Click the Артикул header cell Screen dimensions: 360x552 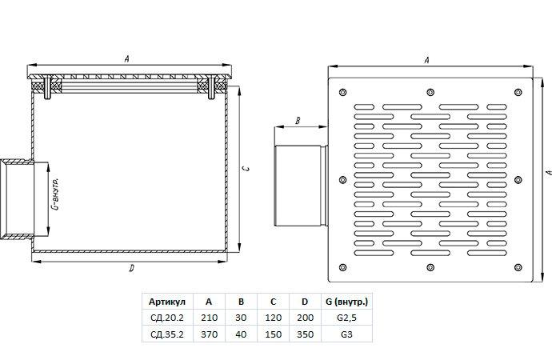point(166,302)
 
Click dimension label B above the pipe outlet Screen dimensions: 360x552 point(297,122)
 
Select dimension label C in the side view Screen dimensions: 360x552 point(248,169)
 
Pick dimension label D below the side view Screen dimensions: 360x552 point(130,270)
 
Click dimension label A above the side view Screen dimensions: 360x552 point(129,58)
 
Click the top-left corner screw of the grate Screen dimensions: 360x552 point(342,90)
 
